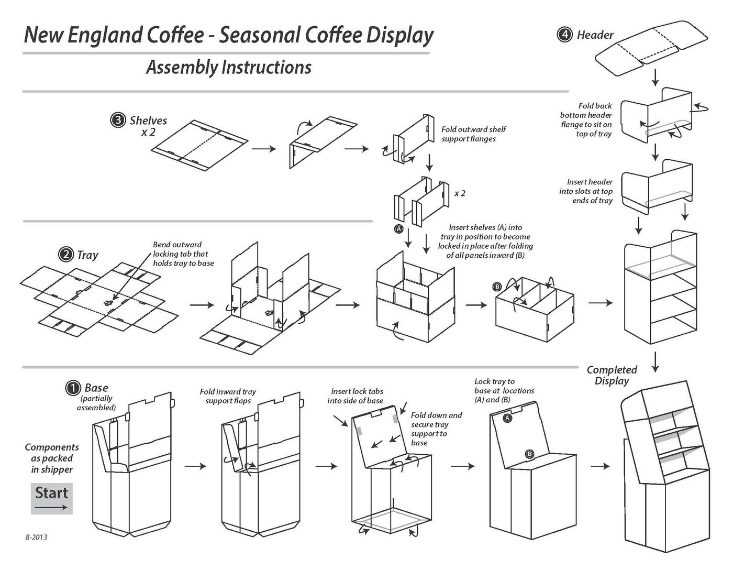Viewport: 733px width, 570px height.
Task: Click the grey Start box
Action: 51,498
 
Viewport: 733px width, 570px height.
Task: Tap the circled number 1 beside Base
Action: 72,388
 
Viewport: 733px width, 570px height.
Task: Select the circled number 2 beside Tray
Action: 65,255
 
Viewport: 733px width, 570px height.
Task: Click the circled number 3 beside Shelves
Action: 117,120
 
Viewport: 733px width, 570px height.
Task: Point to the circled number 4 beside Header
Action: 564,35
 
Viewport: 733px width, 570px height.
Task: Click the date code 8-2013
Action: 36,537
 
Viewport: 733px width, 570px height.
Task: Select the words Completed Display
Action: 612,375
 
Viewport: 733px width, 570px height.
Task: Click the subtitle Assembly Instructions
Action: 228,67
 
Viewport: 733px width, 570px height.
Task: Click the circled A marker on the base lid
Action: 507,418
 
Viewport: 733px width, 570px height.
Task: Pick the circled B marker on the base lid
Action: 529,454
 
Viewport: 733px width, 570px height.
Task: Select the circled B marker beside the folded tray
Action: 497,287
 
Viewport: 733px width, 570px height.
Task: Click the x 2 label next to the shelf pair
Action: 459,193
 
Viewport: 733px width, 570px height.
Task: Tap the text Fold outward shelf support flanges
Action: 473,134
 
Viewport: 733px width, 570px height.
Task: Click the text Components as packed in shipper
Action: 52,458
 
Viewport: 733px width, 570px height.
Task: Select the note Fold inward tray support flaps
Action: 228,396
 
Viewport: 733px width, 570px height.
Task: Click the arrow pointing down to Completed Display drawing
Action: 656,361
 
